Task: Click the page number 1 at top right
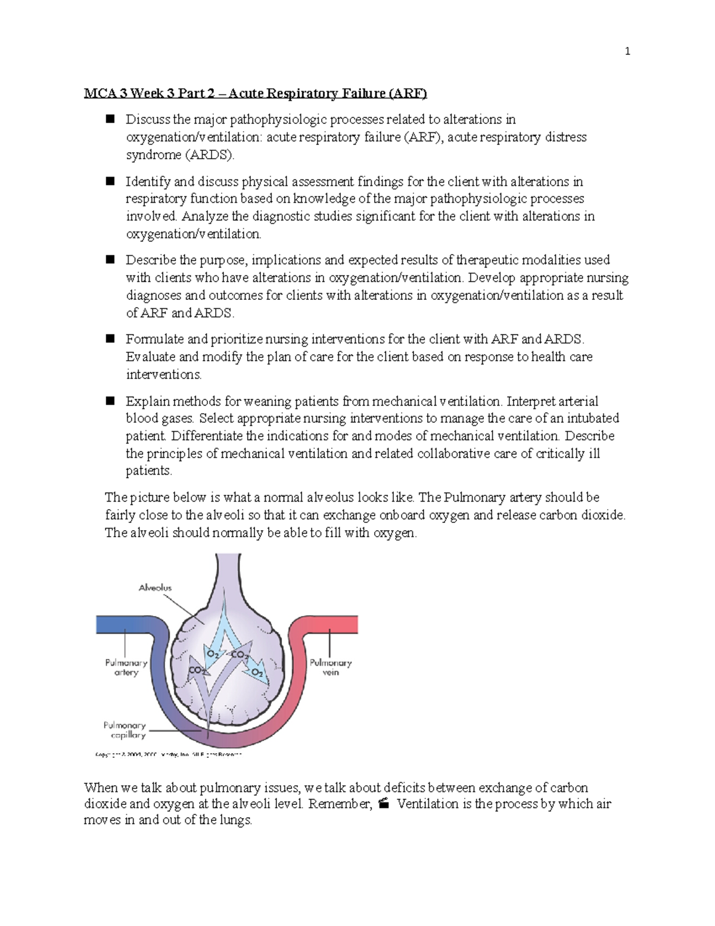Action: (x=627, y=51)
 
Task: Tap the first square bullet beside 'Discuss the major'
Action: (x=110, y=119)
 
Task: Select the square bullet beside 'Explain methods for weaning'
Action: (x=110, y=401)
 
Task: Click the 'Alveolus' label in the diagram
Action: (x=155, y=588)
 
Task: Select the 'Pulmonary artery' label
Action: (x=126, y=667)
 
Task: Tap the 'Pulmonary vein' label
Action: (x=330, y=667)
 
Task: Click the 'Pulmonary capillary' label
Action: (x=125, y=730)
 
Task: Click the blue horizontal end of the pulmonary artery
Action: (x=119, y=624)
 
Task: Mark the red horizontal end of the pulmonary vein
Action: (x=334, y=624)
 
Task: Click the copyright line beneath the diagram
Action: (x=168, y=755)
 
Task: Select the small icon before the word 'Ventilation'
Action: (x=384, y=804)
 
